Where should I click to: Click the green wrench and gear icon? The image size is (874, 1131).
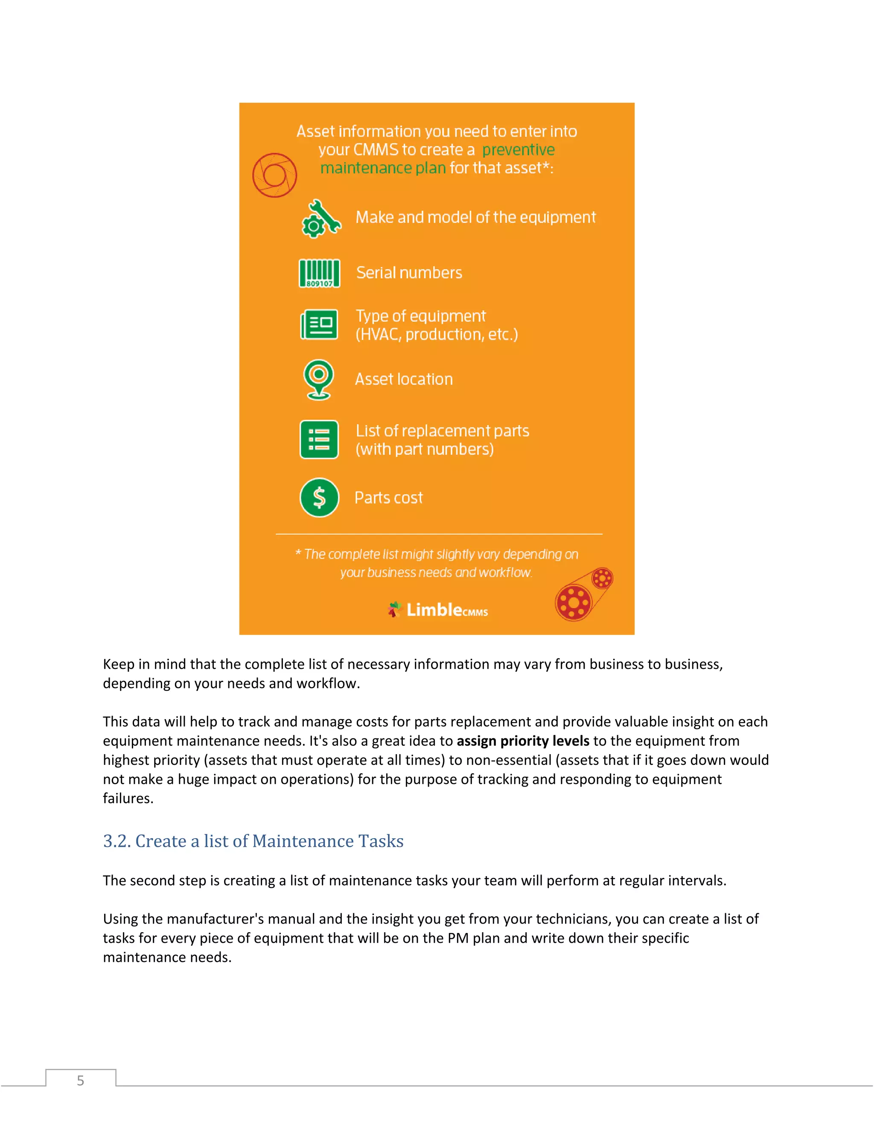pos(321,219)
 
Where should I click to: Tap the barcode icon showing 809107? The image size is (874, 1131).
pos(320,273)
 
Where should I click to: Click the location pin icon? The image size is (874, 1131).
pos(318,379)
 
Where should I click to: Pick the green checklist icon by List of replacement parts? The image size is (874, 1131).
pos(319,440)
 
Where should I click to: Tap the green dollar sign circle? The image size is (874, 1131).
pos(320,498)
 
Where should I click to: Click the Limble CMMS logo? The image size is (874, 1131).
pos(438,609)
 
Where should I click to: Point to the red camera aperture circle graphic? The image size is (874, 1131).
pos(274,175)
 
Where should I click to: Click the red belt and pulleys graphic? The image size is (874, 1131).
pos(583,595)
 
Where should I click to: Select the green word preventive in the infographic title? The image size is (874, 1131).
pos(518,150)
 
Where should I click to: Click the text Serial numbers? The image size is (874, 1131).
pos(409,273)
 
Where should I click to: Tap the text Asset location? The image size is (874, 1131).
pos(404,379)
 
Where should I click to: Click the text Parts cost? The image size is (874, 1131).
pos(388,498)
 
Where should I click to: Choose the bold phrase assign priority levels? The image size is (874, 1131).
pos(523,741)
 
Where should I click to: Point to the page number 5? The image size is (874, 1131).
pos(80,1081)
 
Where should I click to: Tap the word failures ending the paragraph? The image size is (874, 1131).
pos(128,799)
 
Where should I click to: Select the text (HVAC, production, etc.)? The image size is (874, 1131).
pos(437,335)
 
